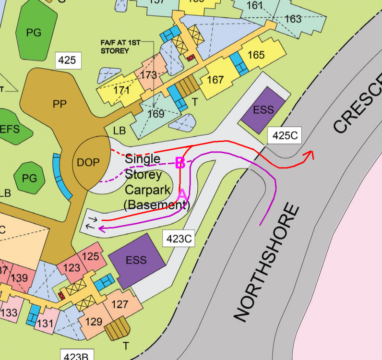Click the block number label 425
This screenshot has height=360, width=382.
click(x=67, y=60)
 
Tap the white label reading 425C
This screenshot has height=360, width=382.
click(x=285, y=136)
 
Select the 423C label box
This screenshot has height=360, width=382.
click(x=178, y=238)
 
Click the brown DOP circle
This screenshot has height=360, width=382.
click(x=89, y=162)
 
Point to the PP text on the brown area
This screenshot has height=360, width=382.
click(x=60, y=105)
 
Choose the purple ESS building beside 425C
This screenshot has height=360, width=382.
click(x=263, y=110)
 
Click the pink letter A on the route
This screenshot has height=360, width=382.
click(x=182, y=195)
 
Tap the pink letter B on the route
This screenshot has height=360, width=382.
click(x=180, y=163)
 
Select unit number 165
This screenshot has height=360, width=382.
click(x=256, y=55)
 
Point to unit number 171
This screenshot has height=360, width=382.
click(x=122, y=90)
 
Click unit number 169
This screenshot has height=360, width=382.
click(x=156, y=114)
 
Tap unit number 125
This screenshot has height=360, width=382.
click(x=90, y=256)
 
